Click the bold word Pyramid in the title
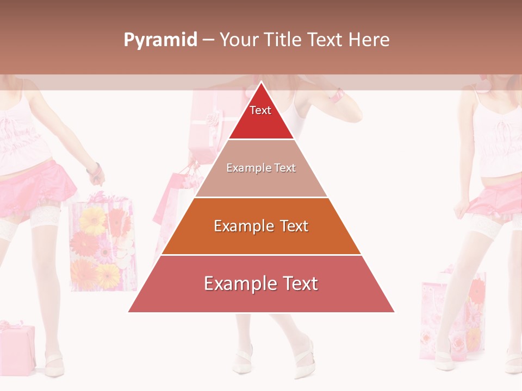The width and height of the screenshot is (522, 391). coord(160,40)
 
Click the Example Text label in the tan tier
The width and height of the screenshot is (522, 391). coord(261,168)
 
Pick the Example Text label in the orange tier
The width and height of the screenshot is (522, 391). coord(261,226)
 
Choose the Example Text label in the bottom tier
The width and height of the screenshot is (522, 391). coord(261,283)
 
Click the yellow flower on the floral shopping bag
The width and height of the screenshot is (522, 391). coord(93,220)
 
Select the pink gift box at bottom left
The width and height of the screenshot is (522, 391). coord(16,345)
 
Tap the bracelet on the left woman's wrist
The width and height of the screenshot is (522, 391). coord(96,169)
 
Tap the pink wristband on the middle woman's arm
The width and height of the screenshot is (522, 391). coord(338,96)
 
